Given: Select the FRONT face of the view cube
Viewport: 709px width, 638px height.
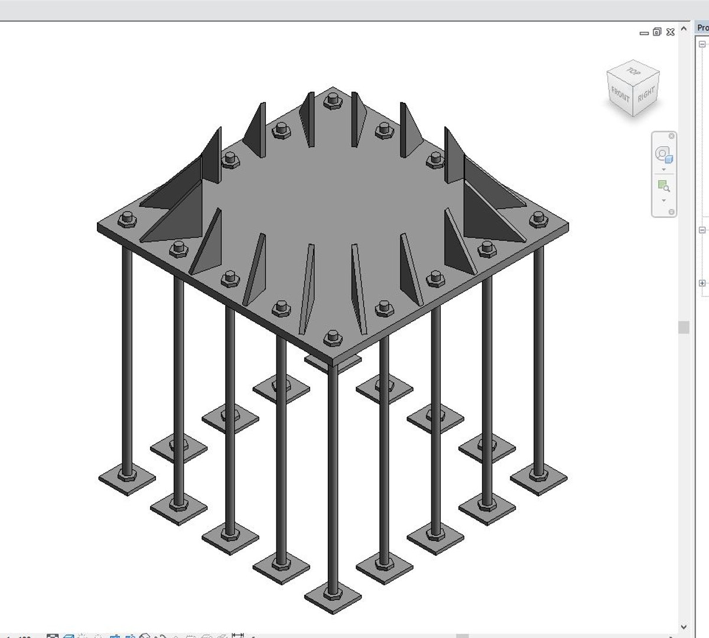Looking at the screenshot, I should click(x=620, y=95).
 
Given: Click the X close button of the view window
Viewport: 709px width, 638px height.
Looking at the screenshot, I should click(x=670, y=32).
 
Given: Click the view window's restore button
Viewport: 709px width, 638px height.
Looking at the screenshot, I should click(x=657, y=32).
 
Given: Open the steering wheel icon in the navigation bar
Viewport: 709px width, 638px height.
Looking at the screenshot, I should click(x=664, y=155).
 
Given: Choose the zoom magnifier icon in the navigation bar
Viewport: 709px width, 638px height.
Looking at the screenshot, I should click(x=664, y=187).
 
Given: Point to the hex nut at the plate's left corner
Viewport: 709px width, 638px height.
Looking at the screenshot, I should click(x=126, y=220).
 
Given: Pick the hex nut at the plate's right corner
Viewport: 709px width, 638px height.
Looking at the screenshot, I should click(x=538, y=219).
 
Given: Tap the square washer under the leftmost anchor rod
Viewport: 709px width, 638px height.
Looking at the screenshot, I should click(x=126, y=478).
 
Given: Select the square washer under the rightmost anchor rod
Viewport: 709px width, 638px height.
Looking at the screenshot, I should click(x=538, y=477).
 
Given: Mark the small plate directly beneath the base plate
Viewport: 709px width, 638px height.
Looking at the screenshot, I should click(x=332, y=362).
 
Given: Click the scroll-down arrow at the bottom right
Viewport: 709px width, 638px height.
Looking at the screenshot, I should click(x=684, y=627).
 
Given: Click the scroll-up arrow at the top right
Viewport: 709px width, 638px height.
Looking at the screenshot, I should click(x=684, y=28).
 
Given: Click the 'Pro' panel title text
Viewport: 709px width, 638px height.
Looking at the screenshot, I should click(x=703, y=28).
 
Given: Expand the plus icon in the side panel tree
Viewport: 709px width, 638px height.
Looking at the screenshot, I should click(x=702, y=284).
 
